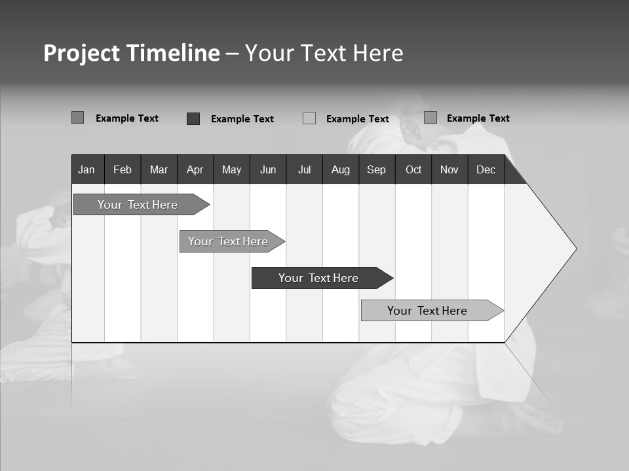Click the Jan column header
point(86,170)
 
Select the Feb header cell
point(123,170)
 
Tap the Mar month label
point(159,170)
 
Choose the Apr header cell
point(195,170)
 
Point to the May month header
point(231,170)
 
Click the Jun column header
point(268,170)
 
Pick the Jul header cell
point(304,170)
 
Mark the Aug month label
point(341,170)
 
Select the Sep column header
point(376,170)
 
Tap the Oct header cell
point(413,170)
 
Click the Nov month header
point(449,170)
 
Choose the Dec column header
point(486,170)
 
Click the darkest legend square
point(193,118)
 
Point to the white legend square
point(309,118)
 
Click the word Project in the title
point(81,53)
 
